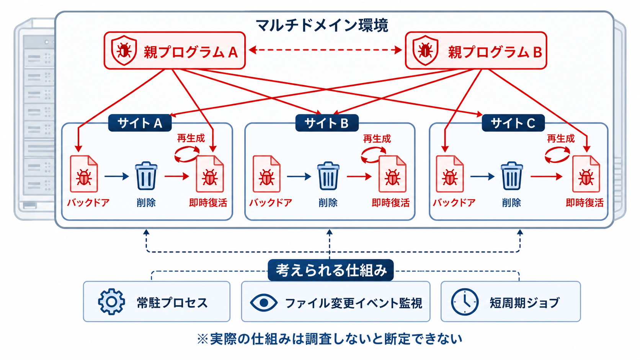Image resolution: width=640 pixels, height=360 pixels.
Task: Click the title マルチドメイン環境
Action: coord(322,25)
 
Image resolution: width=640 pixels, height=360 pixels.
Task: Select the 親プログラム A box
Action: coord(175,50)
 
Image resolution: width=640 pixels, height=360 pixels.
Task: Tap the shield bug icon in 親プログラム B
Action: coord(425,50)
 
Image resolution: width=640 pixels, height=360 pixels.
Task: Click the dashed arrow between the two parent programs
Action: coord(325,50)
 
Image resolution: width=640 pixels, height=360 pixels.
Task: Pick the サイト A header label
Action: coord(140,123)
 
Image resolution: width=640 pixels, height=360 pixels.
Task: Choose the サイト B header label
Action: coord(327,123)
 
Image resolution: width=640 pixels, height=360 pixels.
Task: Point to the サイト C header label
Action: coord(513,123)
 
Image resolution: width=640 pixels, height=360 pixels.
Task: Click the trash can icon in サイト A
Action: coord(146,176)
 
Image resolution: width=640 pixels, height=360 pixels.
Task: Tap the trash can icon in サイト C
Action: coord(512,176)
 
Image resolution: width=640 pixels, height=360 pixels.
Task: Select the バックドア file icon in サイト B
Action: coord(266,174)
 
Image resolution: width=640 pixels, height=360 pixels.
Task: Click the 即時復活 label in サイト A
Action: coord(208,203)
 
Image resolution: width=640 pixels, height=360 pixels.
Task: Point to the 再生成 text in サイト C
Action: coord(560,139)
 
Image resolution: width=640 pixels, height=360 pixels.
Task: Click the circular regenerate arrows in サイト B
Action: coord(373,155)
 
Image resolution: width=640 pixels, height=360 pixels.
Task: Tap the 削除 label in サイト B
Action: coord(328,203)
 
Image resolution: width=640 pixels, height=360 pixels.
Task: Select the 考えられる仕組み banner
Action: coord(331,270)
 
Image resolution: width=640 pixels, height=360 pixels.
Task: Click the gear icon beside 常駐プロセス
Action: coord(111,302)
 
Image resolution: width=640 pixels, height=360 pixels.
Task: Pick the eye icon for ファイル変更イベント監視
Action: coord(263,302)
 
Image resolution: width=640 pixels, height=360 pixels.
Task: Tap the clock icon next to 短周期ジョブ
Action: coord(465,302)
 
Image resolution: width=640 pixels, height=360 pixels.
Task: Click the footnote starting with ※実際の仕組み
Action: coord(330,339)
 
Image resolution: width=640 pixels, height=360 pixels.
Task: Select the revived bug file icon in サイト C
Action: coord(586,174)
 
